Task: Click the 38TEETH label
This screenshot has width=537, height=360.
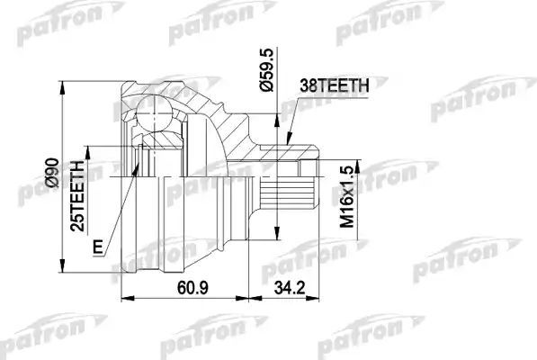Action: pyautogui.click(x=332, y=85)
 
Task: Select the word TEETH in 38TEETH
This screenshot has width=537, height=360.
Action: pyautogui.click(x=341, y=85)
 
